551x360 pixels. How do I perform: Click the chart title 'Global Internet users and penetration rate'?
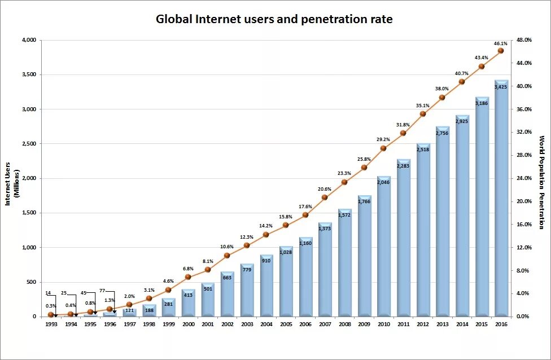tap(274, 19)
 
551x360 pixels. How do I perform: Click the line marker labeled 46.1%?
tap(501, 51)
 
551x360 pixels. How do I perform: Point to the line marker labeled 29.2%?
tap(383, 148)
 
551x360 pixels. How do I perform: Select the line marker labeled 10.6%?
tap(227, 256)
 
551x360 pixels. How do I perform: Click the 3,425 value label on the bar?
tap(501, 87)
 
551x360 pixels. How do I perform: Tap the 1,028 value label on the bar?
tap(286, 252)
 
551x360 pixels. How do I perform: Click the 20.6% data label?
tap(324, 189)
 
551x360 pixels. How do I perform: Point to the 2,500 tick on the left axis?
tap(28, 144)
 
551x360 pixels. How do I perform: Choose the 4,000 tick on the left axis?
tap(28, 40)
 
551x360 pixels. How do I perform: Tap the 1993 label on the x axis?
tap(51, 324)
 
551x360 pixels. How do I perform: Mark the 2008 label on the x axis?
tap(344, 324)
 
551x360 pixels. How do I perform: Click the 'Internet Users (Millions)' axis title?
tap(12, 178)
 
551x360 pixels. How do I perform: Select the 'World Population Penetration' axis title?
tap(541, 182)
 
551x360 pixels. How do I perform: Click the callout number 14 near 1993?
tap(49, 293)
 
